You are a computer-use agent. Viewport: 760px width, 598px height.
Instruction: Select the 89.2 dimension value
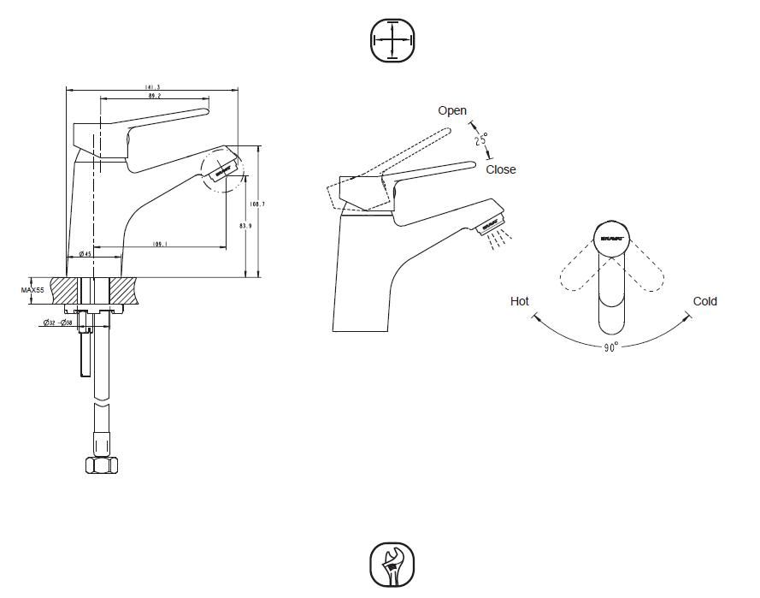(155, 97)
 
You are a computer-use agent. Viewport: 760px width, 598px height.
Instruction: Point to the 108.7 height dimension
(256, 204)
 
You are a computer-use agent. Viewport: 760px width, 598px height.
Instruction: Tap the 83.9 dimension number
(245, 226)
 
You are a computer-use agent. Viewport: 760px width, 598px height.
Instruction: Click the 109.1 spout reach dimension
(159, 244)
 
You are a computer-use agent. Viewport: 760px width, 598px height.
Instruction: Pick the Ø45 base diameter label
(85, 254)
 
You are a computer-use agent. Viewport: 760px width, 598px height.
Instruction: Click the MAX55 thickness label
(33, 291)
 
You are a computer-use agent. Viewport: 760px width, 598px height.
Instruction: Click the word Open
(452, 110)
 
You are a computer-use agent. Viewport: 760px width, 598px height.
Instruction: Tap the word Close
(501, 169)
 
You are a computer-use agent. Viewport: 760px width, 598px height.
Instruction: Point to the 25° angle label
(481, 139)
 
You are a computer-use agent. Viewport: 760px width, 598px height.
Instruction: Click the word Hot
(520, 301)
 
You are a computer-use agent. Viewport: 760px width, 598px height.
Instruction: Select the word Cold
(705, 301)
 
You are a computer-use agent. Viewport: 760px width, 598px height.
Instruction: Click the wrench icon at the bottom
(392, 565)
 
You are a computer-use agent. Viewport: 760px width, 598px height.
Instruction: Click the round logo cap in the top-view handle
(610, 238)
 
